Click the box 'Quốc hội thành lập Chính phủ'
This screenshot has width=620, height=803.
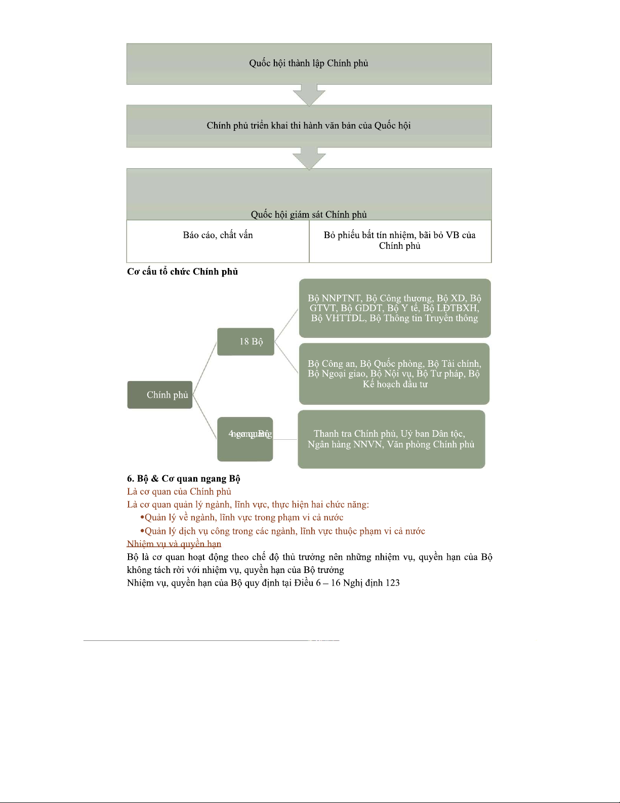pyautogui.click(x=309, y=64)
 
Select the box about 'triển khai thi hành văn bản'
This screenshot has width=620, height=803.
pyautogui.click(x=309, y=126)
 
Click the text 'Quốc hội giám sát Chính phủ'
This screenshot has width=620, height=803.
pyautogui.click(x=309, y=215)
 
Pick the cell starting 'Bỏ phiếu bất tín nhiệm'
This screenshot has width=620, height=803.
pyautogui.click(x=400, y=241)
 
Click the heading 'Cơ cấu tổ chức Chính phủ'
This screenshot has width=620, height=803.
pyautogui.click(x=182, y=272)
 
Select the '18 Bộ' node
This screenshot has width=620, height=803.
pyautogui.click(x=246, y=341)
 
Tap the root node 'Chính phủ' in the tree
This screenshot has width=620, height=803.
pyautogui.click(x=160, y=395)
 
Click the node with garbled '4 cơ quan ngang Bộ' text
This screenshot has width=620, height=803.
pyautogui.click(x=245, y=439)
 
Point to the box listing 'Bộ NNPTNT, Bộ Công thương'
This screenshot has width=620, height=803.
pyautogui.click(x=395, y=308)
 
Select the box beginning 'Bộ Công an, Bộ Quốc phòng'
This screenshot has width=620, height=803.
pyautogui.click(x=394, y=374)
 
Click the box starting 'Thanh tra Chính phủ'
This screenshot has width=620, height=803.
pyautogui.click(x=391, y=439)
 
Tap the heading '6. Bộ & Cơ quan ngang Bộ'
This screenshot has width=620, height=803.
pyautogui.click(x=183, y=479)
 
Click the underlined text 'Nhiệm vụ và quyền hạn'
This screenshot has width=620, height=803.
pyautogui.click(x=174, y=544)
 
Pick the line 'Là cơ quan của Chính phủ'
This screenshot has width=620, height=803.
pyautogui.click(x=179, y=491)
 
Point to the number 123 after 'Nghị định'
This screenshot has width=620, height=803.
pyautogui.click(x=393, y=583)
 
